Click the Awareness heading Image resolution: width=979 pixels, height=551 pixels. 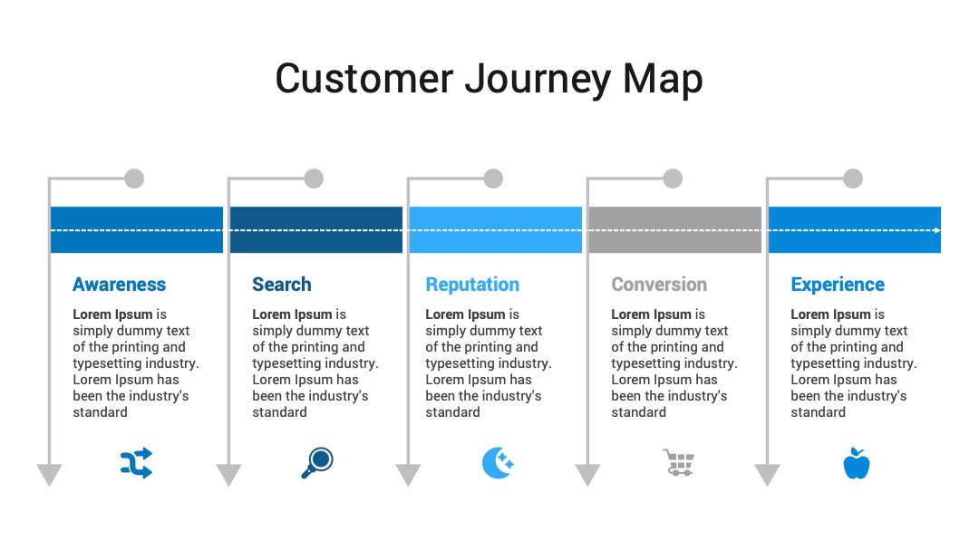point(120,285)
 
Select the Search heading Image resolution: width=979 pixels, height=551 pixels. point(282,285)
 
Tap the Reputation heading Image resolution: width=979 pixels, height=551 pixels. point(472,285)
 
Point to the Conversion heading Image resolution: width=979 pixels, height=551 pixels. point(659,285)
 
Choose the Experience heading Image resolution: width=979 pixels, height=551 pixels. point(838,285)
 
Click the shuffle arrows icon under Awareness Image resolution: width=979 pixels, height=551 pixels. point(136,463)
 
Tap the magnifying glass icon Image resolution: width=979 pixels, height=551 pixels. point(317,463)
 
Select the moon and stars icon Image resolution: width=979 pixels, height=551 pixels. point(498,463)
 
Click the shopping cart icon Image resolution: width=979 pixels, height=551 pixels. point(679,463)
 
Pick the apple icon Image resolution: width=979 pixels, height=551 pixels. point(857,463)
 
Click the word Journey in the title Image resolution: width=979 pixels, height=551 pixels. point(538,80)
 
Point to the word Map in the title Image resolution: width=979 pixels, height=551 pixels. point(663,80)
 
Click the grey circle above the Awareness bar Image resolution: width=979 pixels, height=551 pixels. point(134,179)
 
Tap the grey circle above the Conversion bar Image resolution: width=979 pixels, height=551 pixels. point(673,179)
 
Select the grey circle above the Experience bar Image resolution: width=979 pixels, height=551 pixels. point(853,179)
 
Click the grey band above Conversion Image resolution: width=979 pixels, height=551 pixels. point(675,229)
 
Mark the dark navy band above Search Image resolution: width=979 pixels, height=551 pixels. point(316,229)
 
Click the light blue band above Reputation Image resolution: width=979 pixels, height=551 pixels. point(496,229)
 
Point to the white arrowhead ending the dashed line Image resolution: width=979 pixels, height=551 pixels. point(937,230)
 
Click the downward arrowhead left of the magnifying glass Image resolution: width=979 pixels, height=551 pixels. point(228,475)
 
